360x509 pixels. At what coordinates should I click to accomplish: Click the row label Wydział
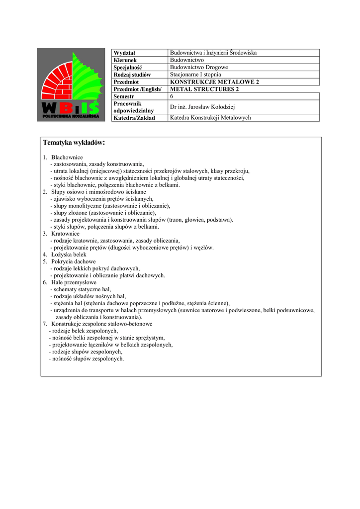124,53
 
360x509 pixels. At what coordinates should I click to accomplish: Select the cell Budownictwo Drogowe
199,67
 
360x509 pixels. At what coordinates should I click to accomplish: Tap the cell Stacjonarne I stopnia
195,75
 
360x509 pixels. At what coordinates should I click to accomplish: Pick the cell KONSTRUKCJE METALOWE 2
214,82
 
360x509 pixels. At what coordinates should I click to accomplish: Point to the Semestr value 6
172,96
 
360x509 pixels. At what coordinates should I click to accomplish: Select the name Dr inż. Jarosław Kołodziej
202,107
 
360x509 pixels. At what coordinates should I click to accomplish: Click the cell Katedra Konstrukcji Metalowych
210,118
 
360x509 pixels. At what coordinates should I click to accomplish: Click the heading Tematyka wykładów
74,143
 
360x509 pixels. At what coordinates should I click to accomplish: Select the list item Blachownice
67,157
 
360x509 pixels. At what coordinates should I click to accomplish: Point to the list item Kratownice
65,234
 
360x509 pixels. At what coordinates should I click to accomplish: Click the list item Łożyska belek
69,254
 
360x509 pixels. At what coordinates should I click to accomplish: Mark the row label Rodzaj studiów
132,75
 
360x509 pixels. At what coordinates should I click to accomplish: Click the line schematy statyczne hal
82,289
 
